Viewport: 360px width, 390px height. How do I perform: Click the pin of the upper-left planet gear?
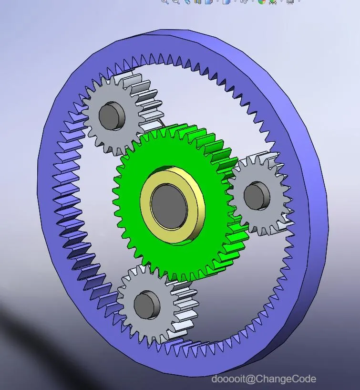(x=112, y=116)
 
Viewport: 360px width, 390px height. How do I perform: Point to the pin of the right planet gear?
(x=257, y=196)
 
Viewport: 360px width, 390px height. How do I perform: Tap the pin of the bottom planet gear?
(x=146, y=305)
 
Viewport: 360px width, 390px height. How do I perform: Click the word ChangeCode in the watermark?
(x=286, y=379)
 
